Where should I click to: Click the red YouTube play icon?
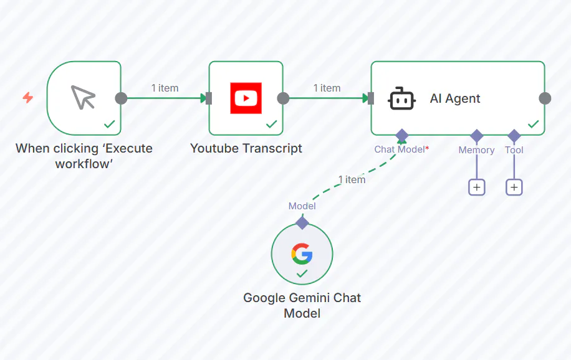coord(246,98)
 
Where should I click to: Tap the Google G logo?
coord(302,253)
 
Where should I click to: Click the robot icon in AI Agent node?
coord(401,98)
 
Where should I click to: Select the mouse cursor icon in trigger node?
coord(83,98)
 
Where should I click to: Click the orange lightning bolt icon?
coord(28,98)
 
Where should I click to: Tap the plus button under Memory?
coord(477,187)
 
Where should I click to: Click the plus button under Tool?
coord(514,187)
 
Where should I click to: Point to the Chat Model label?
coord(400,149)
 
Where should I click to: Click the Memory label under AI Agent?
coord(476,149)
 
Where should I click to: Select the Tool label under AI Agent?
coord(514,149)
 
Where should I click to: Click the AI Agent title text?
coord(455,98)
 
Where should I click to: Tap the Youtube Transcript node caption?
coord(246,148)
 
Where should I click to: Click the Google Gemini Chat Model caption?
coord(302,305)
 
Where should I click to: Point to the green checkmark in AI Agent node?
coord(533,124)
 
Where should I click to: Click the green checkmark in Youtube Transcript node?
coord(271,124)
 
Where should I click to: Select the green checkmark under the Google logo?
coord(302,273)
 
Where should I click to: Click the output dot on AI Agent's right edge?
coord(545,98)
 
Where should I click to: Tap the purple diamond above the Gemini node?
coord(302,222)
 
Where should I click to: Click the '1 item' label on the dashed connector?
coord(352,179)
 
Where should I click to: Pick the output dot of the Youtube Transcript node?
coord(283,98)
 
